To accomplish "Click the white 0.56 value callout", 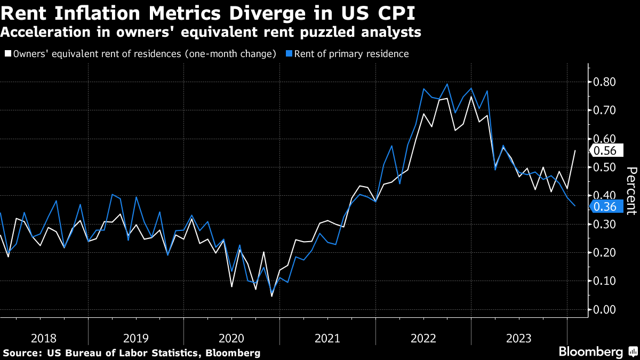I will (x=605, y=151).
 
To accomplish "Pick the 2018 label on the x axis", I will (x=44, y=338).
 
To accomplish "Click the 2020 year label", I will (x=232, y=338).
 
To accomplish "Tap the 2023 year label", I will (x=518, y=338).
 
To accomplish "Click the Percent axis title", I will (x=631, y=190).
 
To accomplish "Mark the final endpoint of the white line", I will (x=575, y=150).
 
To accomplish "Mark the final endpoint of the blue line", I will (x=575, y=206).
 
